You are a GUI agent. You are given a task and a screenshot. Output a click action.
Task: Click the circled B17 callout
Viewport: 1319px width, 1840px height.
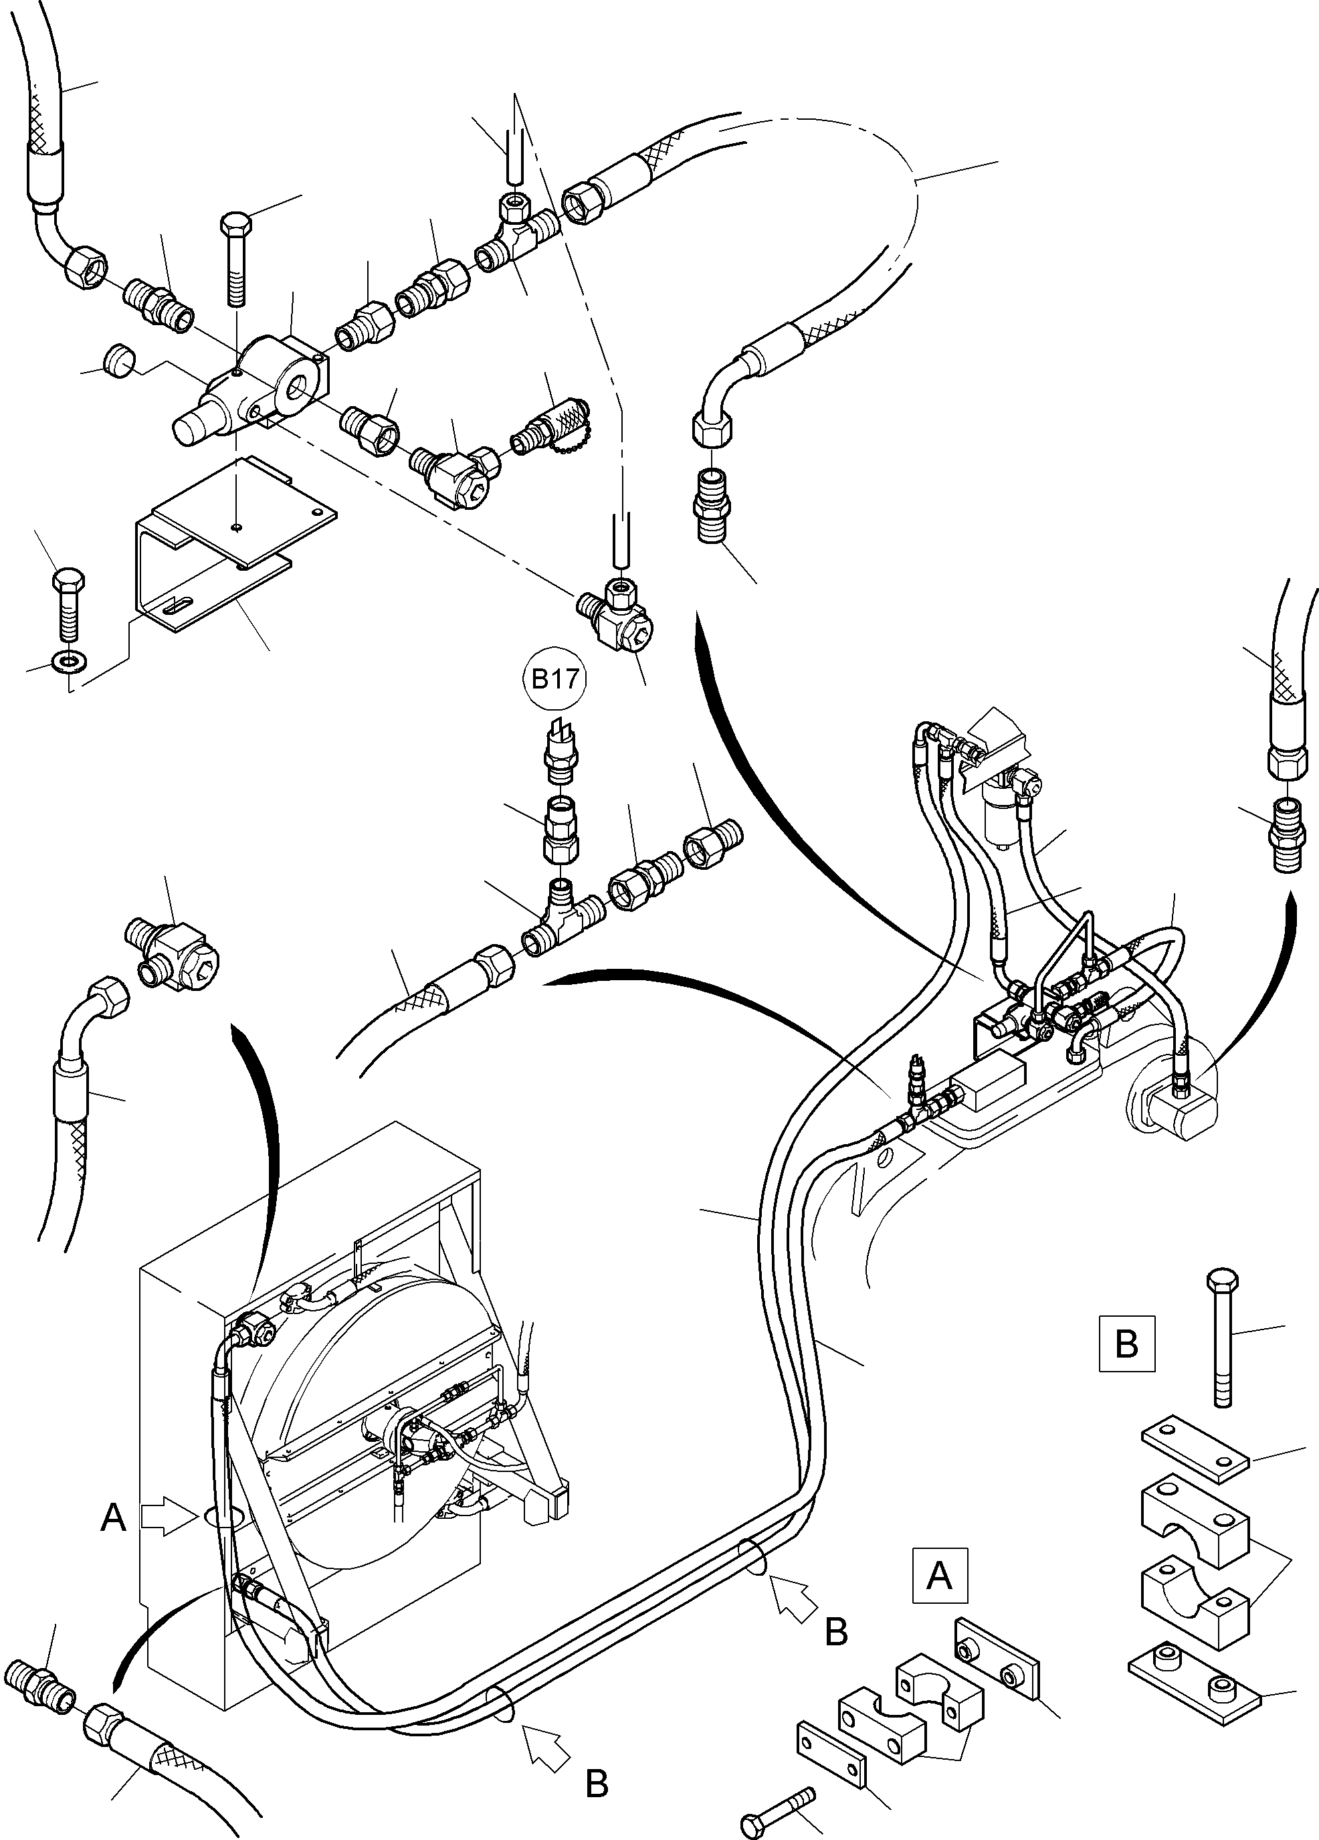point(554,679)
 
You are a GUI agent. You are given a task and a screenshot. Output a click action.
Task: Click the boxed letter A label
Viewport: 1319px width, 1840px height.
point(939,1576)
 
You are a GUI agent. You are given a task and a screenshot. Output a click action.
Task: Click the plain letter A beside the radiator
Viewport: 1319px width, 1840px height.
point(114,1518)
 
